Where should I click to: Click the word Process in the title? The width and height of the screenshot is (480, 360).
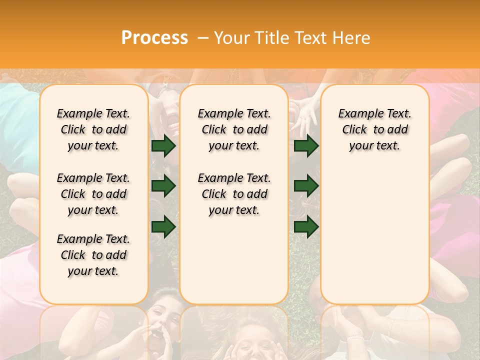coord(154,38)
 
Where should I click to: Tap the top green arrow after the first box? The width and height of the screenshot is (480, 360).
coord(163,146)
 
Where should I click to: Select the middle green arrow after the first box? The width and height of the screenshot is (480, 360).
coord(163,186)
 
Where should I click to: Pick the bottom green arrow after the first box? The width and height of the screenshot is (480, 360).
coord(163,226)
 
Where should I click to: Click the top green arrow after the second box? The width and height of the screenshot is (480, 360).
coord(306,146)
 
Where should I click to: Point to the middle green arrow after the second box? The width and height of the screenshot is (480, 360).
coord(306,186)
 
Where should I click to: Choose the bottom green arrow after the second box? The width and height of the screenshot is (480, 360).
coord(306,226)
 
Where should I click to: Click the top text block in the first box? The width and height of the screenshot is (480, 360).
coord(93,129)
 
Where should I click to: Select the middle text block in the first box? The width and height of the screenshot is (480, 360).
coord(93,194)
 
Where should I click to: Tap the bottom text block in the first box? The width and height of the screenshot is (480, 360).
coord(93,255)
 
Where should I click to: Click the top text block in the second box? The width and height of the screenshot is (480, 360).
coord(234,129)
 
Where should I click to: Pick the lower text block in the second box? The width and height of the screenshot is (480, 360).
coord(234,194)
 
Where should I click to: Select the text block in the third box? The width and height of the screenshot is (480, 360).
coord(374,129)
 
